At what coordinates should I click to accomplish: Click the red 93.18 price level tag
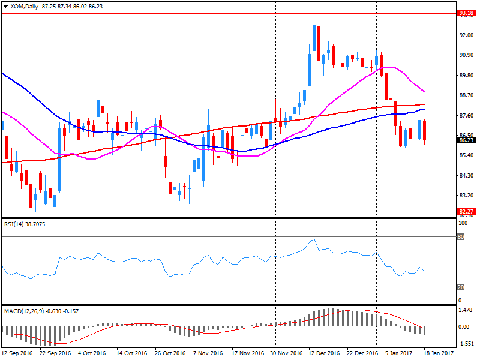pos(466,13)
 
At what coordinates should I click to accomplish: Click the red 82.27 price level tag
pos(466,211)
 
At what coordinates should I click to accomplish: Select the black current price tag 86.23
pos(466,140)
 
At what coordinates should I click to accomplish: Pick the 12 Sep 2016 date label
pos(18,354)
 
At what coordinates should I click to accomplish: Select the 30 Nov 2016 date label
pos(286,354)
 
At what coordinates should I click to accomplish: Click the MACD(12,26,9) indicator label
pos(41,311)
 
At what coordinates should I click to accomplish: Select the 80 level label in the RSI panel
pos(461,236)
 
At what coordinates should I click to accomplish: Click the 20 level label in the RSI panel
pos(461,287)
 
